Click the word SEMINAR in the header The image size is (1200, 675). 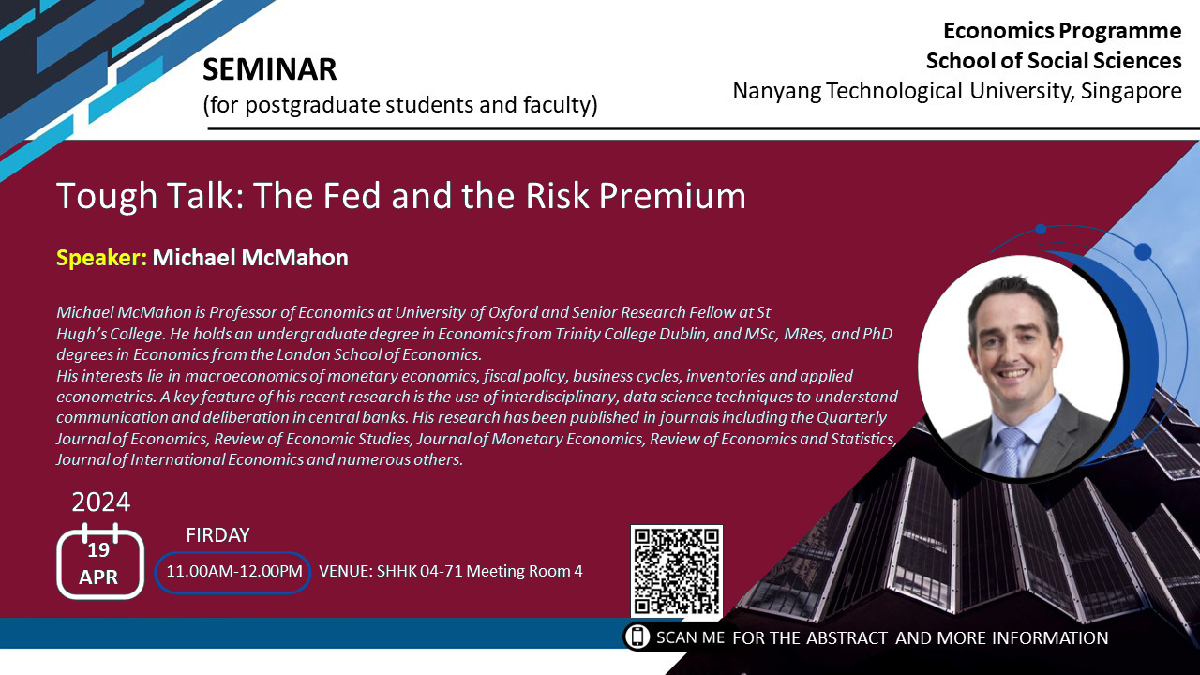(x=269, y=69)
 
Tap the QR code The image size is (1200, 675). (x=677, y=571)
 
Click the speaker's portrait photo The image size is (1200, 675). (x=1021, y=368)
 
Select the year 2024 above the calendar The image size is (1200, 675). (x=100, y=502)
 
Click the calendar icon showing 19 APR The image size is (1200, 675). (x=100, y=562)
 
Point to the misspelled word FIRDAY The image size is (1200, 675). (x=217, y=535)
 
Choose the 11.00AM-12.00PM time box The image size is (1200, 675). (x=233, y=572)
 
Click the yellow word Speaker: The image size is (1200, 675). (x=102, y=258)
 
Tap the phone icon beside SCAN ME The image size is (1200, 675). (x=637, y=637)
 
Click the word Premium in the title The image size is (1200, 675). (x=672, y=196)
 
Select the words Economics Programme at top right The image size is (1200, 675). (x=1062, y=31)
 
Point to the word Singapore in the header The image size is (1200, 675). (x=1131, y=91)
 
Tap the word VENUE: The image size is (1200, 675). (x=346, y=571)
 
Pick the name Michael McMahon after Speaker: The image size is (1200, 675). (x=250, y=258)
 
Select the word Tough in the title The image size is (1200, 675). (x=106, y=196)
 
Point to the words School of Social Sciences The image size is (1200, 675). (x=1054, y=61)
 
